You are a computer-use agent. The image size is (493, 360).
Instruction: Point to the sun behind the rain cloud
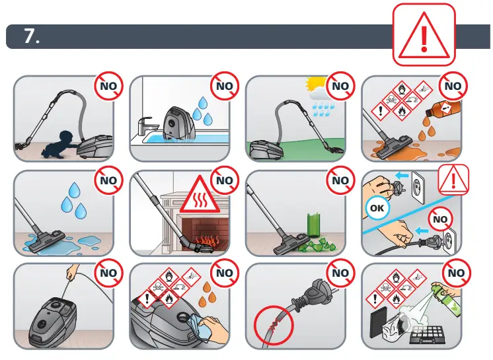tap(312, 85)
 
